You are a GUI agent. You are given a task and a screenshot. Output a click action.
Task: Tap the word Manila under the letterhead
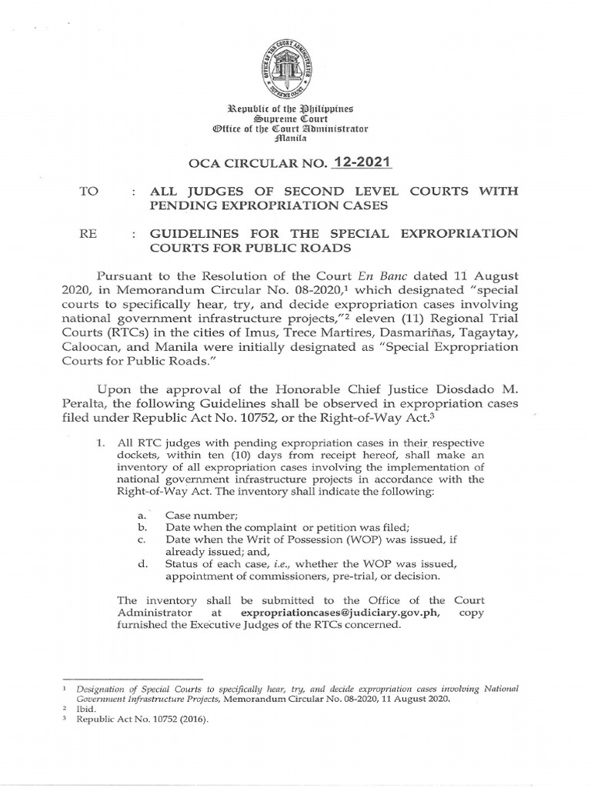pos(295,139)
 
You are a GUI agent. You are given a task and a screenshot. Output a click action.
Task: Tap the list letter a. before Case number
pos(140,514)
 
